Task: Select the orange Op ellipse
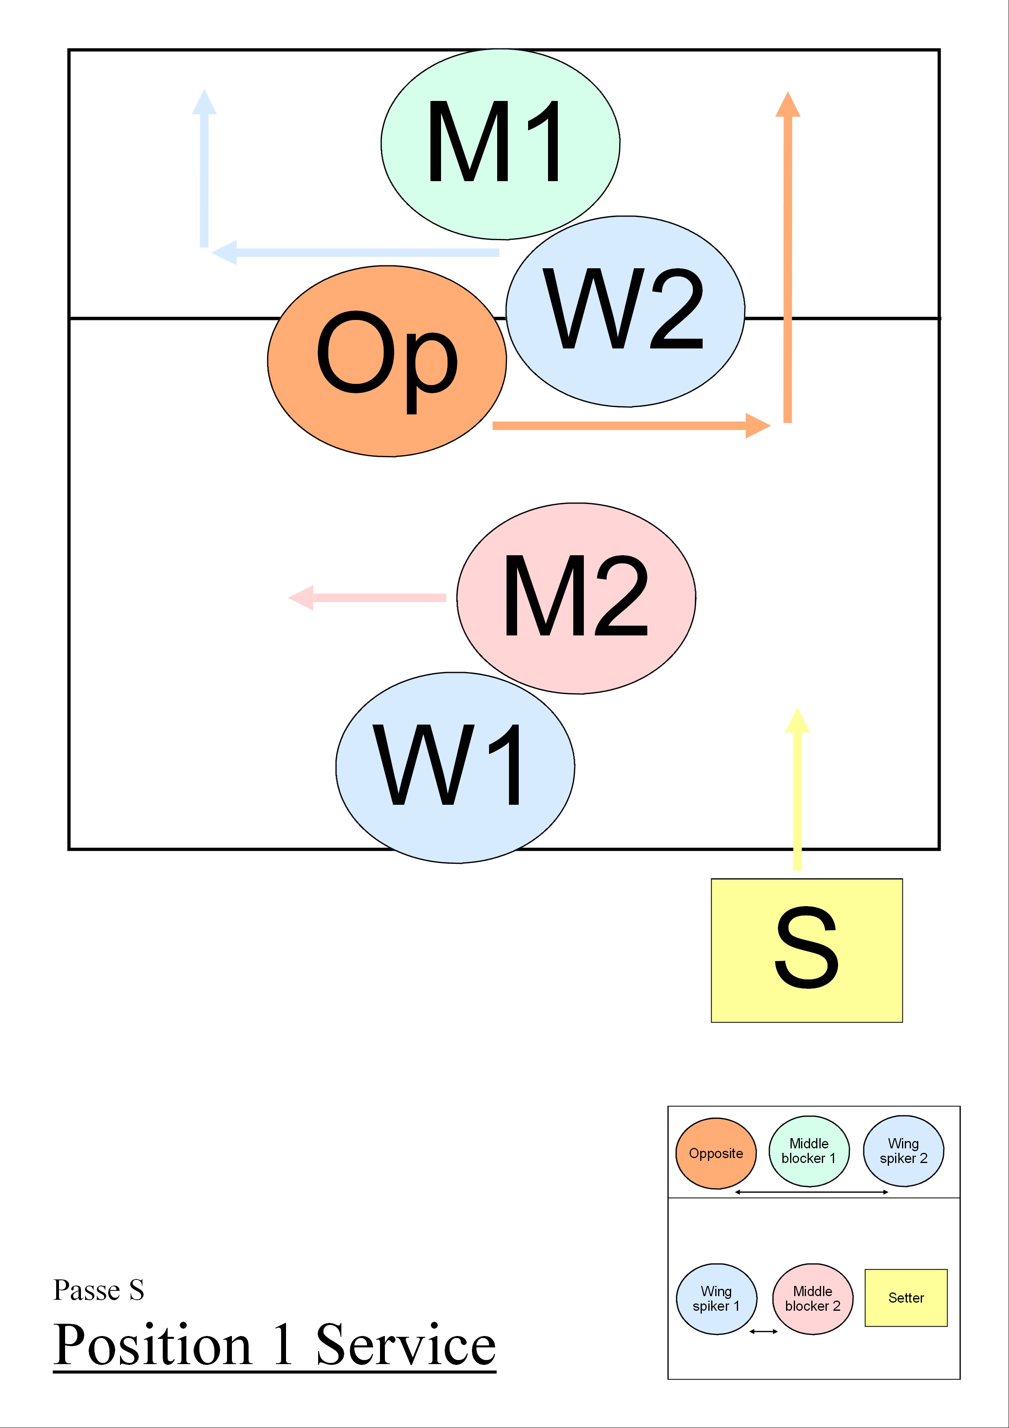coord(387,361)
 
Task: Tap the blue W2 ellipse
coord(625,311)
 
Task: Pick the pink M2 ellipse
coord(576,598)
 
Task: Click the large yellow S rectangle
coord(806,950)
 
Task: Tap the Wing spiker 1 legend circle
coord(716,1299)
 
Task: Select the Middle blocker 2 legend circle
coord(812,1299)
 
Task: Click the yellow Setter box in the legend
coord(906,1297)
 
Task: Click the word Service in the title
coord(405,1345)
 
